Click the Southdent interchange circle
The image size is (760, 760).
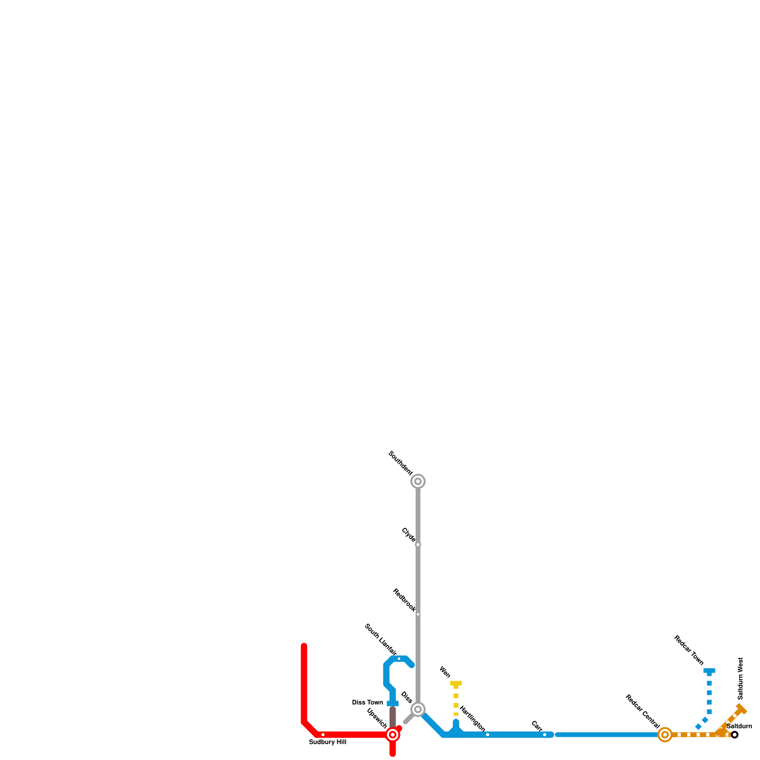(x=418, y=481)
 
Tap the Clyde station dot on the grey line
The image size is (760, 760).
(x=418, y=545)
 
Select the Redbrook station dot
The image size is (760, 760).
(x=418, y=614)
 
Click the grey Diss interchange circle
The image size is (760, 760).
(x=418, y=710)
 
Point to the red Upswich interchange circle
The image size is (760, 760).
(x=393, y=735)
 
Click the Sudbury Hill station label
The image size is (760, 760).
(x=328, y=742)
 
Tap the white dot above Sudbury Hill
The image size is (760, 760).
(x=323, y=735)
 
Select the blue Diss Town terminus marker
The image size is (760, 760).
(x=393, y=703)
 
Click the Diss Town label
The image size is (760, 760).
(x=367, y=703)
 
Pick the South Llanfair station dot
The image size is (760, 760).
(x=399, y=659)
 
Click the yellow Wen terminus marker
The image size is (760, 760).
(x=456, y=684)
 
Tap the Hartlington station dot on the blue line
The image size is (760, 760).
(x=487, y=735)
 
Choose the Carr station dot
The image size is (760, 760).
(x=544, y=735)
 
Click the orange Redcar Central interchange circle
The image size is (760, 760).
(x=665, y=735)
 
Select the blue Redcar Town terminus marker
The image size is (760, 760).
(x=709, y=671)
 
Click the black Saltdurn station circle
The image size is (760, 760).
(x=735, y=735)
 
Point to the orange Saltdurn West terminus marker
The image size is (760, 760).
(x=741, y=710)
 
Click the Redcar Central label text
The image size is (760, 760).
(x=642, y=712)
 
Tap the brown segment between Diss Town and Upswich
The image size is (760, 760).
(x=393, y=717)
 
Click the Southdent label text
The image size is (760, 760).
(x=400, y=463)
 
